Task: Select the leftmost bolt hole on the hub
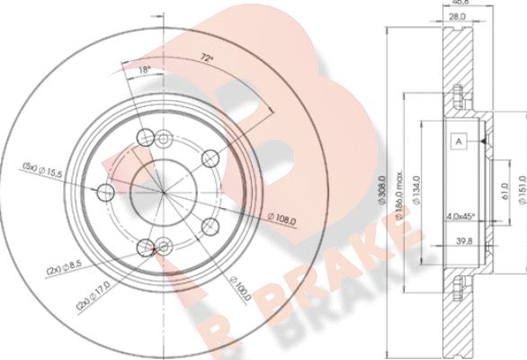[x=104, y=192]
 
